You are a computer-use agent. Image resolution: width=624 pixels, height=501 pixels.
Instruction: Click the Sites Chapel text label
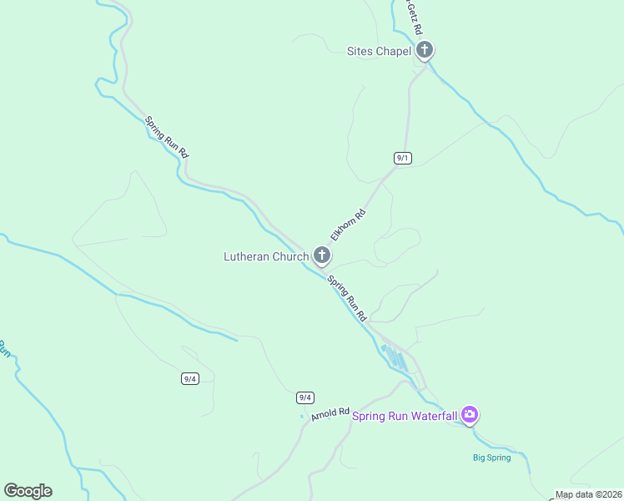pyautogui.click(x=379, y=51)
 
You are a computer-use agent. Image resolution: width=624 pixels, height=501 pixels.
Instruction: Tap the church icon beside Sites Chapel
pyautogui.click(x=425, y=50)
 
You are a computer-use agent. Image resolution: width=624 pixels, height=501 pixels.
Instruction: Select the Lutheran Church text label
pyautogui.click(x=265, y=256)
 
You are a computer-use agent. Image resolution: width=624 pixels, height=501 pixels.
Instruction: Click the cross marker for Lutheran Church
pyautogui.click(x=322, y=256)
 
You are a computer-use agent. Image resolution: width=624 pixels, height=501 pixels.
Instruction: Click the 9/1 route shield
pyautogui.click(x=403, y=158)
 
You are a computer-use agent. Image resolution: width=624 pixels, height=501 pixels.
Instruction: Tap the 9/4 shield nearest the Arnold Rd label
pyautogui.click(x=305, y=397)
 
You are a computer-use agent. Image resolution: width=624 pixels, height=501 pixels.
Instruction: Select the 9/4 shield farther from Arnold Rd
pyautogui.click(x=190, y=378)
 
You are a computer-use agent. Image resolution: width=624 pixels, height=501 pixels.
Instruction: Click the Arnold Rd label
pyautogui.click(x=330, y=413)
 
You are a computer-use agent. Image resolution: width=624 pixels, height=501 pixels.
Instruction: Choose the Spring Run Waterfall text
pyautogui.click(x=405, y=416)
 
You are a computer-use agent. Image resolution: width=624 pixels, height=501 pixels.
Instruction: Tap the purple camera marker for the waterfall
pyautogui.click(x=470, y=414)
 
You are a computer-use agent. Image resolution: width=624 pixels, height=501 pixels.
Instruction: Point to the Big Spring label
pyautogui.click(x=491, y=458)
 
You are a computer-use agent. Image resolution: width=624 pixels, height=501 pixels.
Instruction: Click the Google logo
pyautogui.click(x=28, y=491)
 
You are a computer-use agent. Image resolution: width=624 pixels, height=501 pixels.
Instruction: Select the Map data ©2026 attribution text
pyautogui.click(x=589, y=494)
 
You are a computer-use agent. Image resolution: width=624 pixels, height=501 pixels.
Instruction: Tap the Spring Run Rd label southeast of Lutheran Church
pyautogui.click(x=347, y=298)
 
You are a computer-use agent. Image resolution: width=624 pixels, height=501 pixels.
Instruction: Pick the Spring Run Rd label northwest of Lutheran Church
pyautogui.click(x=167, y=137)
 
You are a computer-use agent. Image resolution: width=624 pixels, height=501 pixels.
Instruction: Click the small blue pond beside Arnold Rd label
pyautogui.click(x=302, y=417)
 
